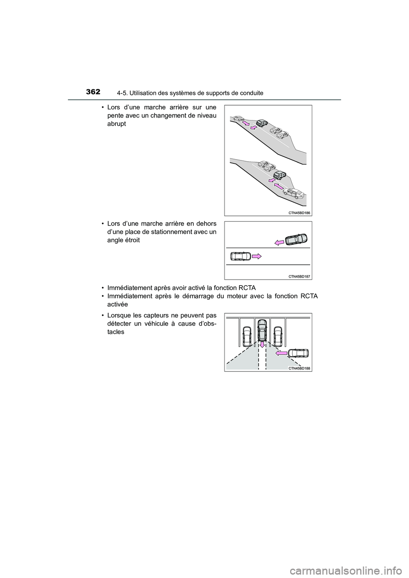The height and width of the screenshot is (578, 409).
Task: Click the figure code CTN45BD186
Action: pyautogui.click(x=297, y=212)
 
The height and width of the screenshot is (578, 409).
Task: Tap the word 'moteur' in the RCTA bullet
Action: pyautogui.click(x=225, y=296)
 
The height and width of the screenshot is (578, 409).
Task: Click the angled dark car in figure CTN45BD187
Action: pyautogui.click(x=297, y=239)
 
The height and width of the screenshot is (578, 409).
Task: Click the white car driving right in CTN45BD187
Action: pyautogui.click(x=240, y=256)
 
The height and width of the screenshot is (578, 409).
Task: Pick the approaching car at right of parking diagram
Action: pyautogui.click(x=298, y=353)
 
